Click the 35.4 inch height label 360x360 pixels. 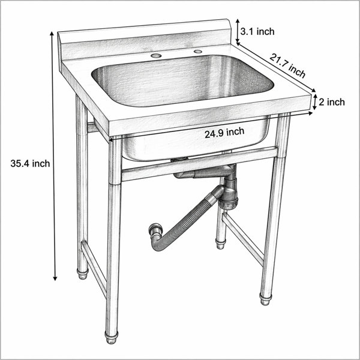coord(30,163)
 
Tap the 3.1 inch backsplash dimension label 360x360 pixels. coord(257,31)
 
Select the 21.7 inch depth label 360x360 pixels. coord(287,65)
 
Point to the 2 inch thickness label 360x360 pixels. coord(332,102)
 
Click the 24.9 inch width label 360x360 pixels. coord(224,133)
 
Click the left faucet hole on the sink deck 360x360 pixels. coord(156,55)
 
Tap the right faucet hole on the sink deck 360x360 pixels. coord(197,52)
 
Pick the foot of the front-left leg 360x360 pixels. coord(112,337)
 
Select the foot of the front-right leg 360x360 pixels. coord(265,299)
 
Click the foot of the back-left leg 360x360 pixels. coord(83,273)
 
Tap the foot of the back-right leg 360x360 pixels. coord(220,244)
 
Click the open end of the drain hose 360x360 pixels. coord(154,229)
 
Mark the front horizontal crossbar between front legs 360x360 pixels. coord(199,164)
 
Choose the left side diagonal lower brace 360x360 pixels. coord(94,269)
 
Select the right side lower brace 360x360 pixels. coord(243,239)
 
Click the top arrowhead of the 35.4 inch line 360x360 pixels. coord(52,34)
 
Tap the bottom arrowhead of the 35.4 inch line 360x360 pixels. coord(55,278)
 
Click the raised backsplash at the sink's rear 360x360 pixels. coord(145,40)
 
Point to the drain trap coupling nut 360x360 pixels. coord(228,203)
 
